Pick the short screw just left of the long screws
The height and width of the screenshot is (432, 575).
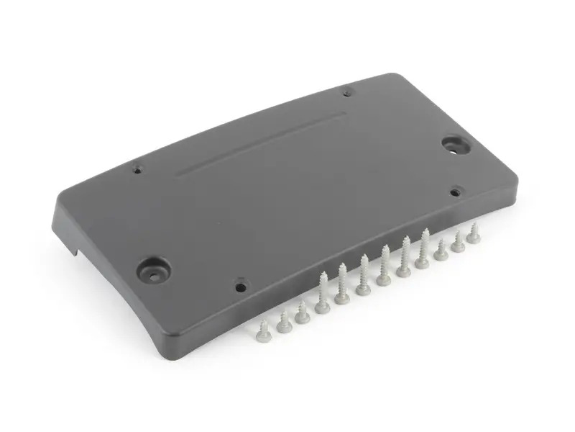(302, 311)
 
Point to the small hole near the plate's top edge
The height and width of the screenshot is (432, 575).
(347, 92)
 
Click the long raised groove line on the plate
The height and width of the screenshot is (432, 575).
(259, 141)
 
